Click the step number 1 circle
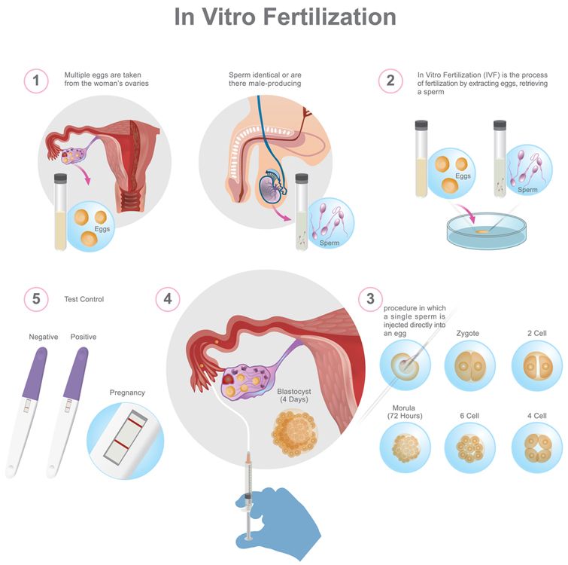click(36, 81)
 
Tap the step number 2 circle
click(390, 81)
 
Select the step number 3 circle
click(370, 299)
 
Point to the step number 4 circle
click(168, 299)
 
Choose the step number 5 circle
click(36, 299)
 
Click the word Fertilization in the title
click(330, 17)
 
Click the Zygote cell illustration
click(470, 365)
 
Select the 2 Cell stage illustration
click(537, 365)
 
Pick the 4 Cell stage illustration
click(537, 448)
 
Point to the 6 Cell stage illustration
click(470, 448)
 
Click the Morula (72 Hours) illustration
click(405, 448)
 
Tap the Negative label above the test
click(44, 337)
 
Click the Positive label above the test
click(84, 337)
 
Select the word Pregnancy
click(127, 392)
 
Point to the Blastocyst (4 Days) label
click(294, 395)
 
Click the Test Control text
click(84, 299)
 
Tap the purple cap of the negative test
click(35, 373)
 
